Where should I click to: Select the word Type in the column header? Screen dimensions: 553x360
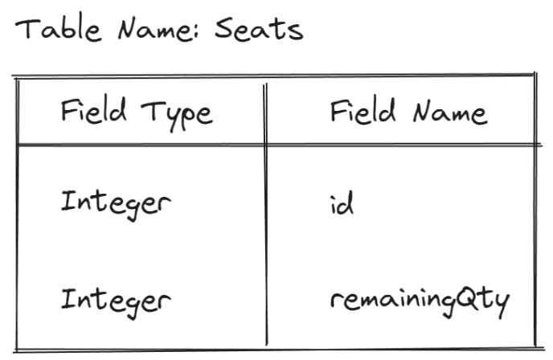point(177,115)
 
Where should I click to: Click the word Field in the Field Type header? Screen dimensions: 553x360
point(93,110)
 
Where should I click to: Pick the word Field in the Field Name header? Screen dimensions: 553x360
point(363,111)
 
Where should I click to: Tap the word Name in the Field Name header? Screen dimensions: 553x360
point(450,112)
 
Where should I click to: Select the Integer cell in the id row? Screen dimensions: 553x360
point(116,205)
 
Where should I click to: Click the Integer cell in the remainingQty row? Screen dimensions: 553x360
point(116,303)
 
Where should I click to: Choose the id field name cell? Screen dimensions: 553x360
point(342,203)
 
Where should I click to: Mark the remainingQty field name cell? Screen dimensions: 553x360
point(420,303)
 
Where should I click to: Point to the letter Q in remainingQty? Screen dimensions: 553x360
point(466,300)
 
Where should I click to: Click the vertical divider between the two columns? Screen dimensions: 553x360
point(265,215)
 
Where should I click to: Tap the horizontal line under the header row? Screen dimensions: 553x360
point(279,144)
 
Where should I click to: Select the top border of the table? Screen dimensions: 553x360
point(273,75)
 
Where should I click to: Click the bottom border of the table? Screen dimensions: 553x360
point(279,350)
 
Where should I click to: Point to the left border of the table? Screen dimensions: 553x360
point(17,214)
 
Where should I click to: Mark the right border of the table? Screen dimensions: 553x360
point(535,210)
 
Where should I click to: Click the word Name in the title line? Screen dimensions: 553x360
point(154,30)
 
